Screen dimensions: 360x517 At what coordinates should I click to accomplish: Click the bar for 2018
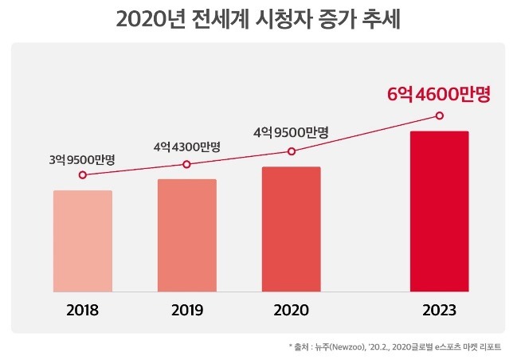(82, 241)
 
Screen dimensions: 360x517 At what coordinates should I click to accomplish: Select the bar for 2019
(186, 236)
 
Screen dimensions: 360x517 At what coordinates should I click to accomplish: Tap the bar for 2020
(291, 229)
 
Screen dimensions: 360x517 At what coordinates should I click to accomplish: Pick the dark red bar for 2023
(439, 212)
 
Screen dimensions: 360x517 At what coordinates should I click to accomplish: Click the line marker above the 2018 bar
(82, 175)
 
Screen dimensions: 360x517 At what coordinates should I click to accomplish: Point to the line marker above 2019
(186, 164)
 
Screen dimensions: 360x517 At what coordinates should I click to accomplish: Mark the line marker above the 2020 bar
(292, 151)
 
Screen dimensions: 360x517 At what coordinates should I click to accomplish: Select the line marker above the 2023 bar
(439, 115)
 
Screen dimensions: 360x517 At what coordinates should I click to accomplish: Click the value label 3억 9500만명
(82, 159)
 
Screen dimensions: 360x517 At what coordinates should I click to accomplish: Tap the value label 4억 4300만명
(186, 147)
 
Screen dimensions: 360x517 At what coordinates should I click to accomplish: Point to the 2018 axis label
(82, 310)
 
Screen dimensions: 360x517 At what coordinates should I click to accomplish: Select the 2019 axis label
(186, 310)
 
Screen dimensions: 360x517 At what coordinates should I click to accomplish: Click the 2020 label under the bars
(291, 310)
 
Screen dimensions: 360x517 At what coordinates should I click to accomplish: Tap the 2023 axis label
(439, 310)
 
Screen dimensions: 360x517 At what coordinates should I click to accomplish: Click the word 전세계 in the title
(235, 19)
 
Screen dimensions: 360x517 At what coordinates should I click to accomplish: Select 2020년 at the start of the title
(151, 19)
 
